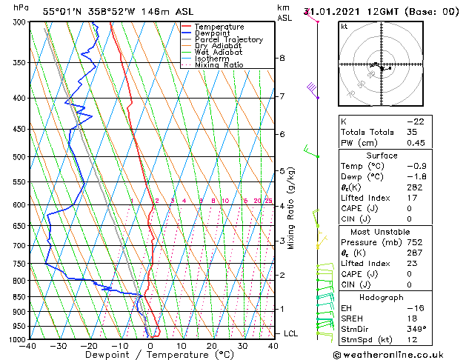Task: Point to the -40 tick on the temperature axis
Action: pos(28,345)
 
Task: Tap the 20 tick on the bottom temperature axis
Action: pos(212,345)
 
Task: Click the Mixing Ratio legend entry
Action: pos(219,65)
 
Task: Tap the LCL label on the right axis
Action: pos(290,334)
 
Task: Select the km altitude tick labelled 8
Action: pos(282,58)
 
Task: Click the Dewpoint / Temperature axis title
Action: pos(150,355)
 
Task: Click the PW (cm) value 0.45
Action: pos(416,143)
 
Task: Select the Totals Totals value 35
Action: pos(412,132)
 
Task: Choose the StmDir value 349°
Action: pos(415,330)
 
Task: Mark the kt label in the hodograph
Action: pos(344,26)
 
